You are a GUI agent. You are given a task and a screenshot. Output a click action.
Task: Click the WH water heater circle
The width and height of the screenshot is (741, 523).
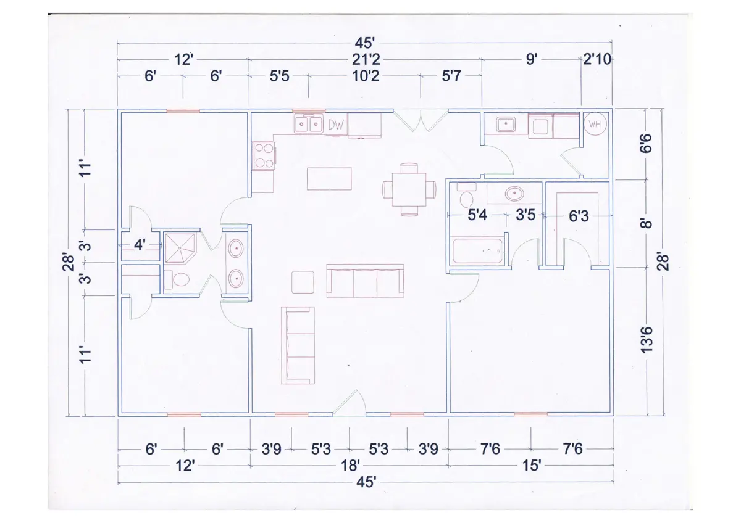click(595, 124)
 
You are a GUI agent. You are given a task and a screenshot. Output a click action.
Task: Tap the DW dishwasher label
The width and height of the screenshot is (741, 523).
click(336, 125)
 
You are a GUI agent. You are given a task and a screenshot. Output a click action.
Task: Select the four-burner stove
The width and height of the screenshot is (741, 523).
click(264, 156)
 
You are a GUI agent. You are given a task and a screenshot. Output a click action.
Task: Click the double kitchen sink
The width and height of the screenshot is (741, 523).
click(308, 124)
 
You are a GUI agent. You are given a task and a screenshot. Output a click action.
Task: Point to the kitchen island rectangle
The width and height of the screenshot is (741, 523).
click(329, 179)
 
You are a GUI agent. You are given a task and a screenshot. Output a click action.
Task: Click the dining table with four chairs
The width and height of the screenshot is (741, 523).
click(409, 189)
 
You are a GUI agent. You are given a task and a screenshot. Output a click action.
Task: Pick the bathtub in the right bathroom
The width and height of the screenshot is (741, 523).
click(477, 251)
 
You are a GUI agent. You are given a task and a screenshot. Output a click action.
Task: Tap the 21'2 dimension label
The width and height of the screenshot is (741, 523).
click(366, 60)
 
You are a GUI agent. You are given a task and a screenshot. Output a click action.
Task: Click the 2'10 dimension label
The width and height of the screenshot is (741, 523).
click(597, 59)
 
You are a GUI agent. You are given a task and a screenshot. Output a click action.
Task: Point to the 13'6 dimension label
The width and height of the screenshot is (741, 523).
click(647, 340)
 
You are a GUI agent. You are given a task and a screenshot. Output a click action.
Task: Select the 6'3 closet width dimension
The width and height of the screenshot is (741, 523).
click(579, 216)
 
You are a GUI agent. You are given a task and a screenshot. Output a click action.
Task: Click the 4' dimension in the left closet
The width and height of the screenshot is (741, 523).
click(140, 245)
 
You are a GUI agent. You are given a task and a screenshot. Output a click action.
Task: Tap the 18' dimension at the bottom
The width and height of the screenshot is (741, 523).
click(350, 466)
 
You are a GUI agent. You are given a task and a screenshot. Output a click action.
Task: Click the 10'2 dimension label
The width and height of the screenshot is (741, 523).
click(366, 76)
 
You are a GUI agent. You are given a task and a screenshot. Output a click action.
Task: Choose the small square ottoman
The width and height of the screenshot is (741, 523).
click(303, 282)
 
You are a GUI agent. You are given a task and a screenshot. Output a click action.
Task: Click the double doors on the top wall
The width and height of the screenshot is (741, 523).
click(421, 121)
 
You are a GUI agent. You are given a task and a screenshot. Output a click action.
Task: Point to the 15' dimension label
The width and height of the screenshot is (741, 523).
click(531, 466)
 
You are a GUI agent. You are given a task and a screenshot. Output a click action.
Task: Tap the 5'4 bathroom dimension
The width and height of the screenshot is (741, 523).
click(477, 215)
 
